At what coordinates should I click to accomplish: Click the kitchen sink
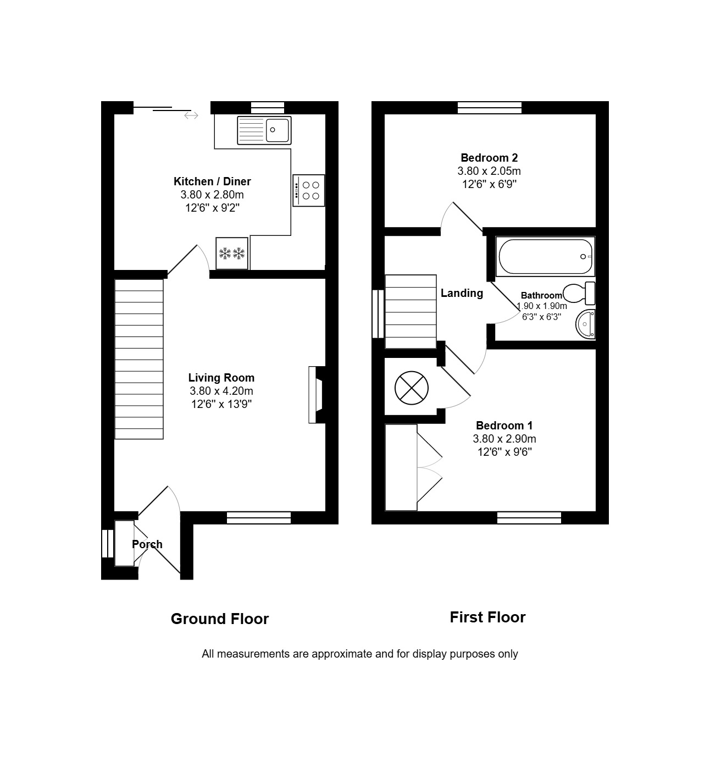pos(264,130)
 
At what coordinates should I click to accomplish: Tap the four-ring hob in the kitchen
pos(308,190)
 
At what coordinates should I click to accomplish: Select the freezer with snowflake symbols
pos(232,253)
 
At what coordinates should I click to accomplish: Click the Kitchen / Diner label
pos(212,181)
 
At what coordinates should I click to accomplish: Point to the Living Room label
pos(221,377)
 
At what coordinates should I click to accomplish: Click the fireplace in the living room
pos(316,395)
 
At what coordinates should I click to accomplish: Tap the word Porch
pos(147,544)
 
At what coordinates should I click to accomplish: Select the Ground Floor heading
pos(220,619)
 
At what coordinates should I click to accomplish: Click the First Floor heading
pos(487,617)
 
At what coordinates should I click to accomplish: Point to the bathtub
pos(545,256)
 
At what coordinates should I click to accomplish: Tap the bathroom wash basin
pos(585,324)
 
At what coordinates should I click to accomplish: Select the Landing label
pos(462,293)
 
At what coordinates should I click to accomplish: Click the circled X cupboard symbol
pos(412,388)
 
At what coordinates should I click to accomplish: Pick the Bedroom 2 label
pos(489,158)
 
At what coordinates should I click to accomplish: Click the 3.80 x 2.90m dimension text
pos(504,439)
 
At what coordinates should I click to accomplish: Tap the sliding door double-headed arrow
pos(191,115)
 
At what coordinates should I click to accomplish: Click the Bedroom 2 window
pos(490,107)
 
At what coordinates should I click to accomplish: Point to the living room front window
pos(259,517)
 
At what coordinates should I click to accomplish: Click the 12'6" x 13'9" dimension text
pos(221,404)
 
